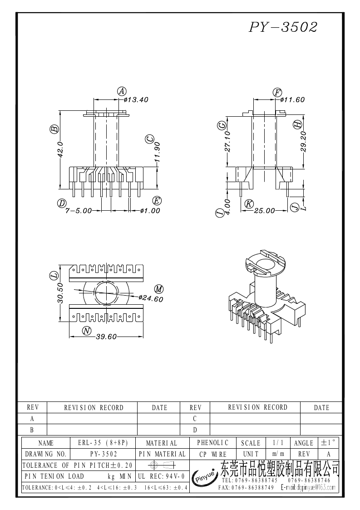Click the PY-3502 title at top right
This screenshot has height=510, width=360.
(283, 27)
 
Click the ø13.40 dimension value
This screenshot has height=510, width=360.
(136, 100)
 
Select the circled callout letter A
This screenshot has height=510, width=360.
(122, 91)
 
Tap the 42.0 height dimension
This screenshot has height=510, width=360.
(60, 149)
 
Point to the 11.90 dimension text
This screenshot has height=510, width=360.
(158, 152)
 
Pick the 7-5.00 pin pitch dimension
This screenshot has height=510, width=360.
(79, 211)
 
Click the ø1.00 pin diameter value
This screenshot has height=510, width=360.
(150, 211)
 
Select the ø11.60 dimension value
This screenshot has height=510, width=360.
(292, 100)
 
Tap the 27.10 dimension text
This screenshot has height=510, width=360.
(227, 142)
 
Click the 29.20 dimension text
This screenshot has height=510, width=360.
(303, 142)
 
